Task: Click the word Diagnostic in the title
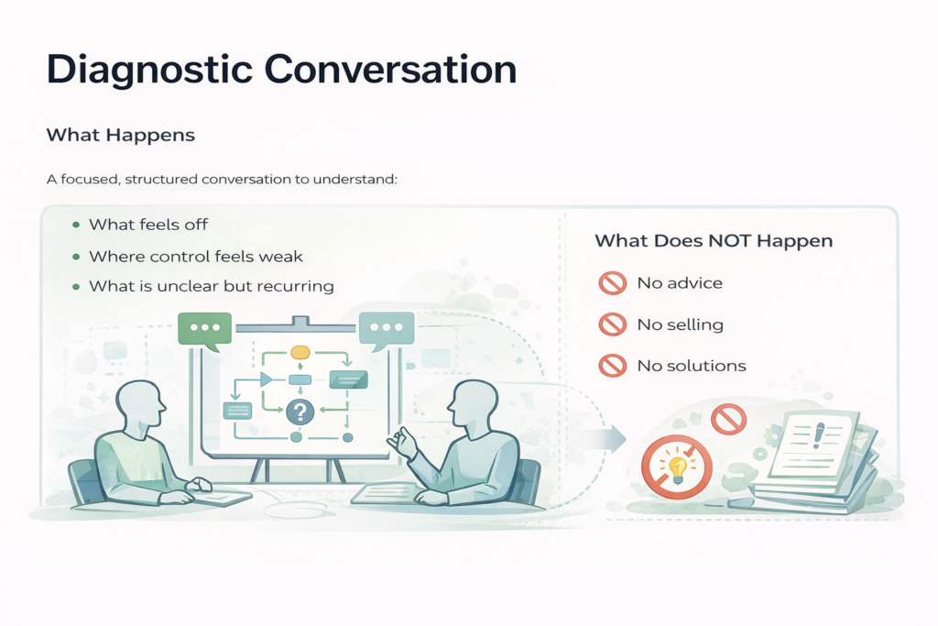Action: click(x=149, y=71)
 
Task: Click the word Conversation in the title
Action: click(x=390, y=69)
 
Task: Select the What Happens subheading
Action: click(x=121, y=136)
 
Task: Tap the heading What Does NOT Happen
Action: click(x=714, y=240)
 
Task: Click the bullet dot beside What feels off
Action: click(x=76, y=225)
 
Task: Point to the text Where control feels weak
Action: click(x=196, y=257)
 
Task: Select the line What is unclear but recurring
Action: click(x=212, y=286)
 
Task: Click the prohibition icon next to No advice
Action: click(x=613, y=283)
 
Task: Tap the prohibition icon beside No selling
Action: click(x=613, y=324)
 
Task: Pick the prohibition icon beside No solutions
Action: click(x=613, y=365)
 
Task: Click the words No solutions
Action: click(x=692, y=366)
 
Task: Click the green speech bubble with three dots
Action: click(x=204, y=330)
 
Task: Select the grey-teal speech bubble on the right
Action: click(x=387, y=330)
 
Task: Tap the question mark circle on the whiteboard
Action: click(x=300, y=412)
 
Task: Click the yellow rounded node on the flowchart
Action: click(x=300, y=353)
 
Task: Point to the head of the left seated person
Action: click(x=140, y=402)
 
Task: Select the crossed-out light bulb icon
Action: click(x=677, y=467)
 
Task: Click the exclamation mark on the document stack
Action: click(x=819, y=435)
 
